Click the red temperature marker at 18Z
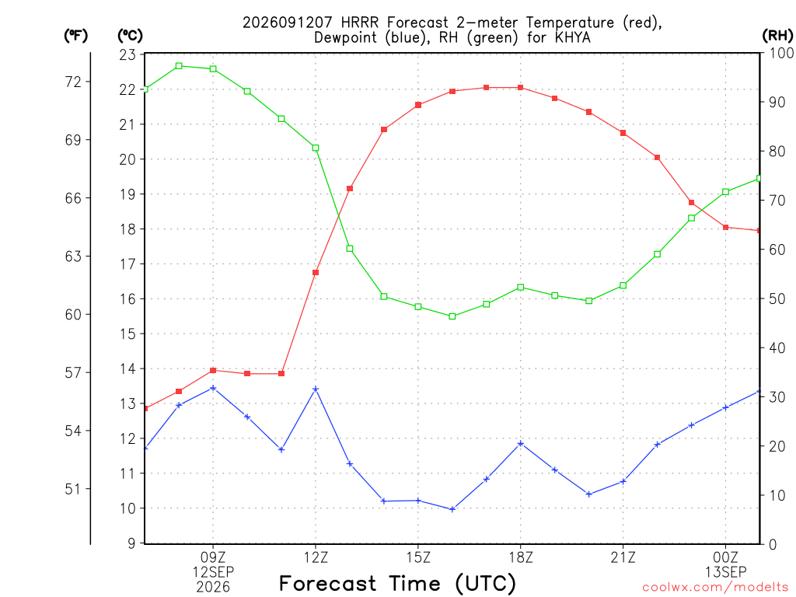tap(520, 88)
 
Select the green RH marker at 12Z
tap(316, 148)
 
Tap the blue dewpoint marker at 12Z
tap(316, 389)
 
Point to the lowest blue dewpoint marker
tap(452, 509)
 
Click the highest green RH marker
tap(179, 66)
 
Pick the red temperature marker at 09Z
tap(213, 371)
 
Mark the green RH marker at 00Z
tap(725, 192)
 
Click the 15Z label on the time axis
tap(418, 558)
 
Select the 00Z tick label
tap(725, 558)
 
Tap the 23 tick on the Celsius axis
tap(127, 55)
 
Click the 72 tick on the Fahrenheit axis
tap(73, 82)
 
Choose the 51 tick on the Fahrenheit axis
tap(73, 489)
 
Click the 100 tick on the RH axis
tap(781, 53)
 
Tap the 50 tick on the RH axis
tap(777, 298)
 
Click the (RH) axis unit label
tap(777, 36)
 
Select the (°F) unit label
tap(75, 36)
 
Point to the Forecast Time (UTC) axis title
tap(397, 584)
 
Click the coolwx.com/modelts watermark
tap(715, 588)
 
